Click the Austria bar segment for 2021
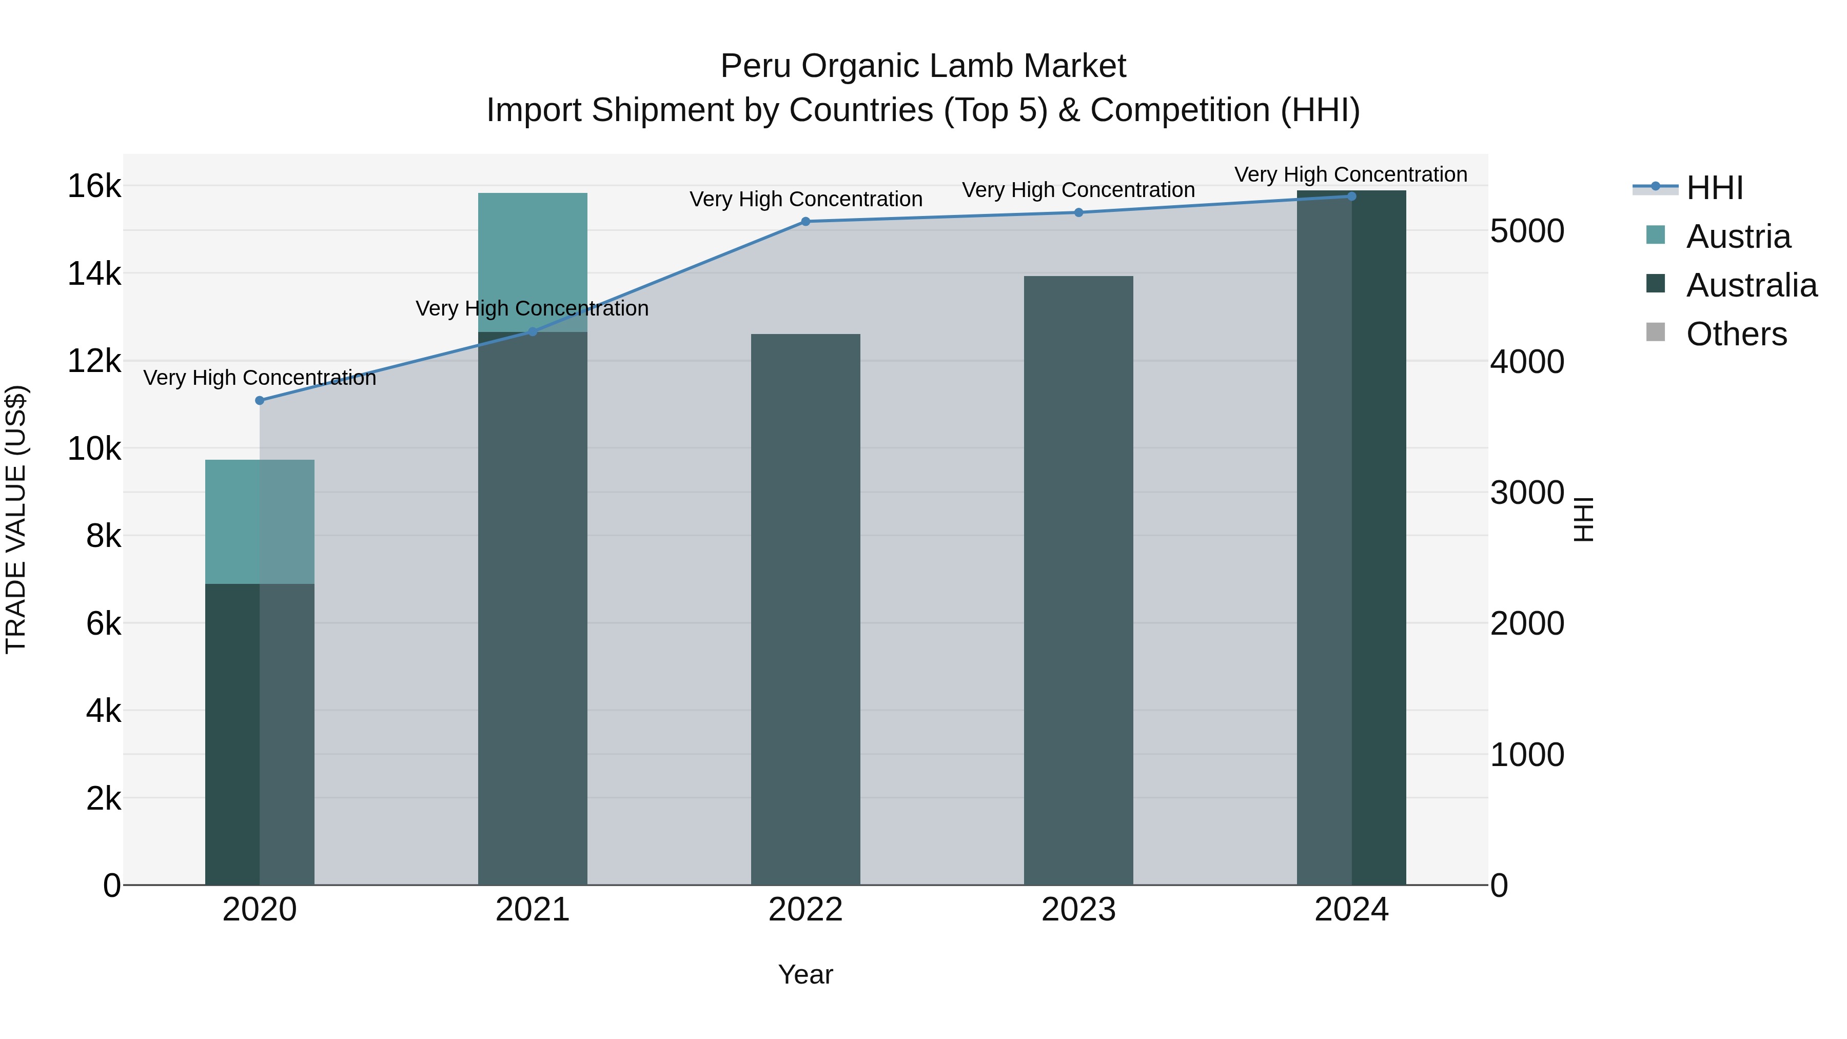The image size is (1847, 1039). [x=532, y=262]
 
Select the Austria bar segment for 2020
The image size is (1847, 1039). [x=260, y=521]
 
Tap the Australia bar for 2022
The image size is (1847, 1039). [x=805, y=610]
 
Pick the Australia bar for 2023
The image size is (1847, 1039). [x=1078, y=581]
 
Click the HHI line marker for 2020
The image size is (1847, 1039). [x=260, y=401]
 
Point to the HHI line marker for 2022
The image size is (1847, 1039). [x=805, y=222]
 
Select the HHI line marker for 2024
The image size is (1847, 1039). [x=1351, y=196]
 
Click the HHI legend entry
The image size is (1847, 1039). [x=1714, y=188]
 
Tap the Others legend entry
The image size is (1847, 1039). [x=1736, y=334]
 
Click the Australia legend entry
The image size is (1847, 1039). [x=1751, y=285]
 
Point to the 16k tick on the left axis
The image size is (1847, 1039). [x=94, y=186]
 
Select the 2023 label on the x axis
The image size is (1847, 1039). [x=1078, y=910]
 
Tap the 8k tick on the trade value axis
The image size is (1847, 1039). [x=103, y=536]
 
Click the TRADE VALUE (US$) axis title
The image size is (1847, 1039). [x=16, y=520]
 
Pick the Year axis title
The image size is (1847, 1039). [x=805, y=974]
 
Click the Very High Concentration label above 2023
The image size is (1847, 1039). [x=1078, y=190]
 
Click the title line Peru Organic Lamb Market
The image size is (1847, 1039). [x=923, y=66]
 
